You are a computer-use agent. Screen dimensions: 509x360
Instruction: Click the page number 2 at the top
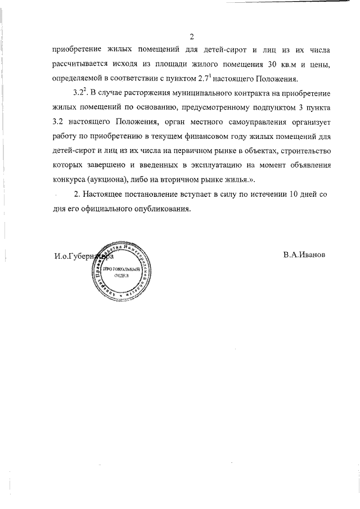[191, 38]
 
